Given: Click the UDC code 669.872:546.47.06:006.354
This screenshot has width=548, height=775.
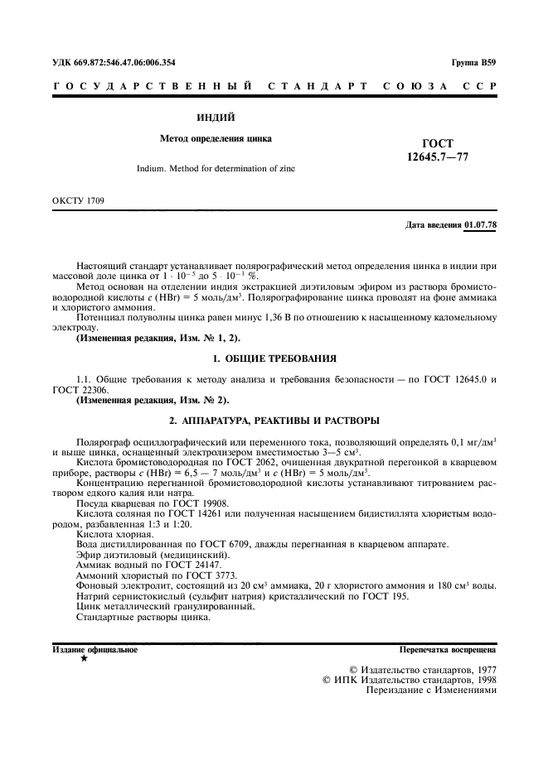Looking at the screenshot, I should (x=114, y=62).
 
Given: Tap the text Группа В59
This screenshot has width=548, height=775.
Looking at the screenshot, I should (x=473, y=62).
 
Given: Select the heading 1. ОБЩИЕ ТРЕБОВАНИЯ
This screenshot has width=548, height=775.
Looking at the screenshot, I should (x=274, y=359).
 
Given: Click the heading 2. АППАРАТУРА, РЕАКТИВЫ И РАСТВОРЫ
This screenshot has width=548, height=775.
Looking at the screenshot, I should (x=274, y=420).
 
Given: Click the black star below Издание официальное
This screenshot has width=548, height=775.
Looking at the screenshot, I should (x=83, y=660).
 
